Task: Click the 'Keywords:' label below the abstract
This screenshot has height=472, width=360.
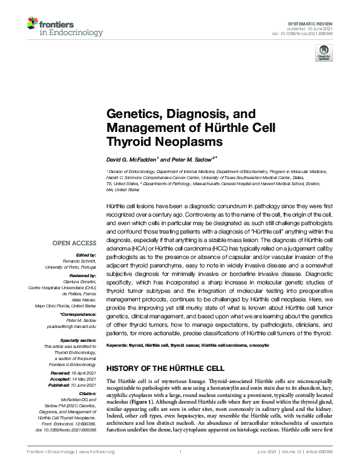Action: pos(119,344)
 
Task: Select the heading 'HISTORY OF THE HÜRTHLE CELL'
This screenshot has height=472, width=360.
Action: pos(165,368)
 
